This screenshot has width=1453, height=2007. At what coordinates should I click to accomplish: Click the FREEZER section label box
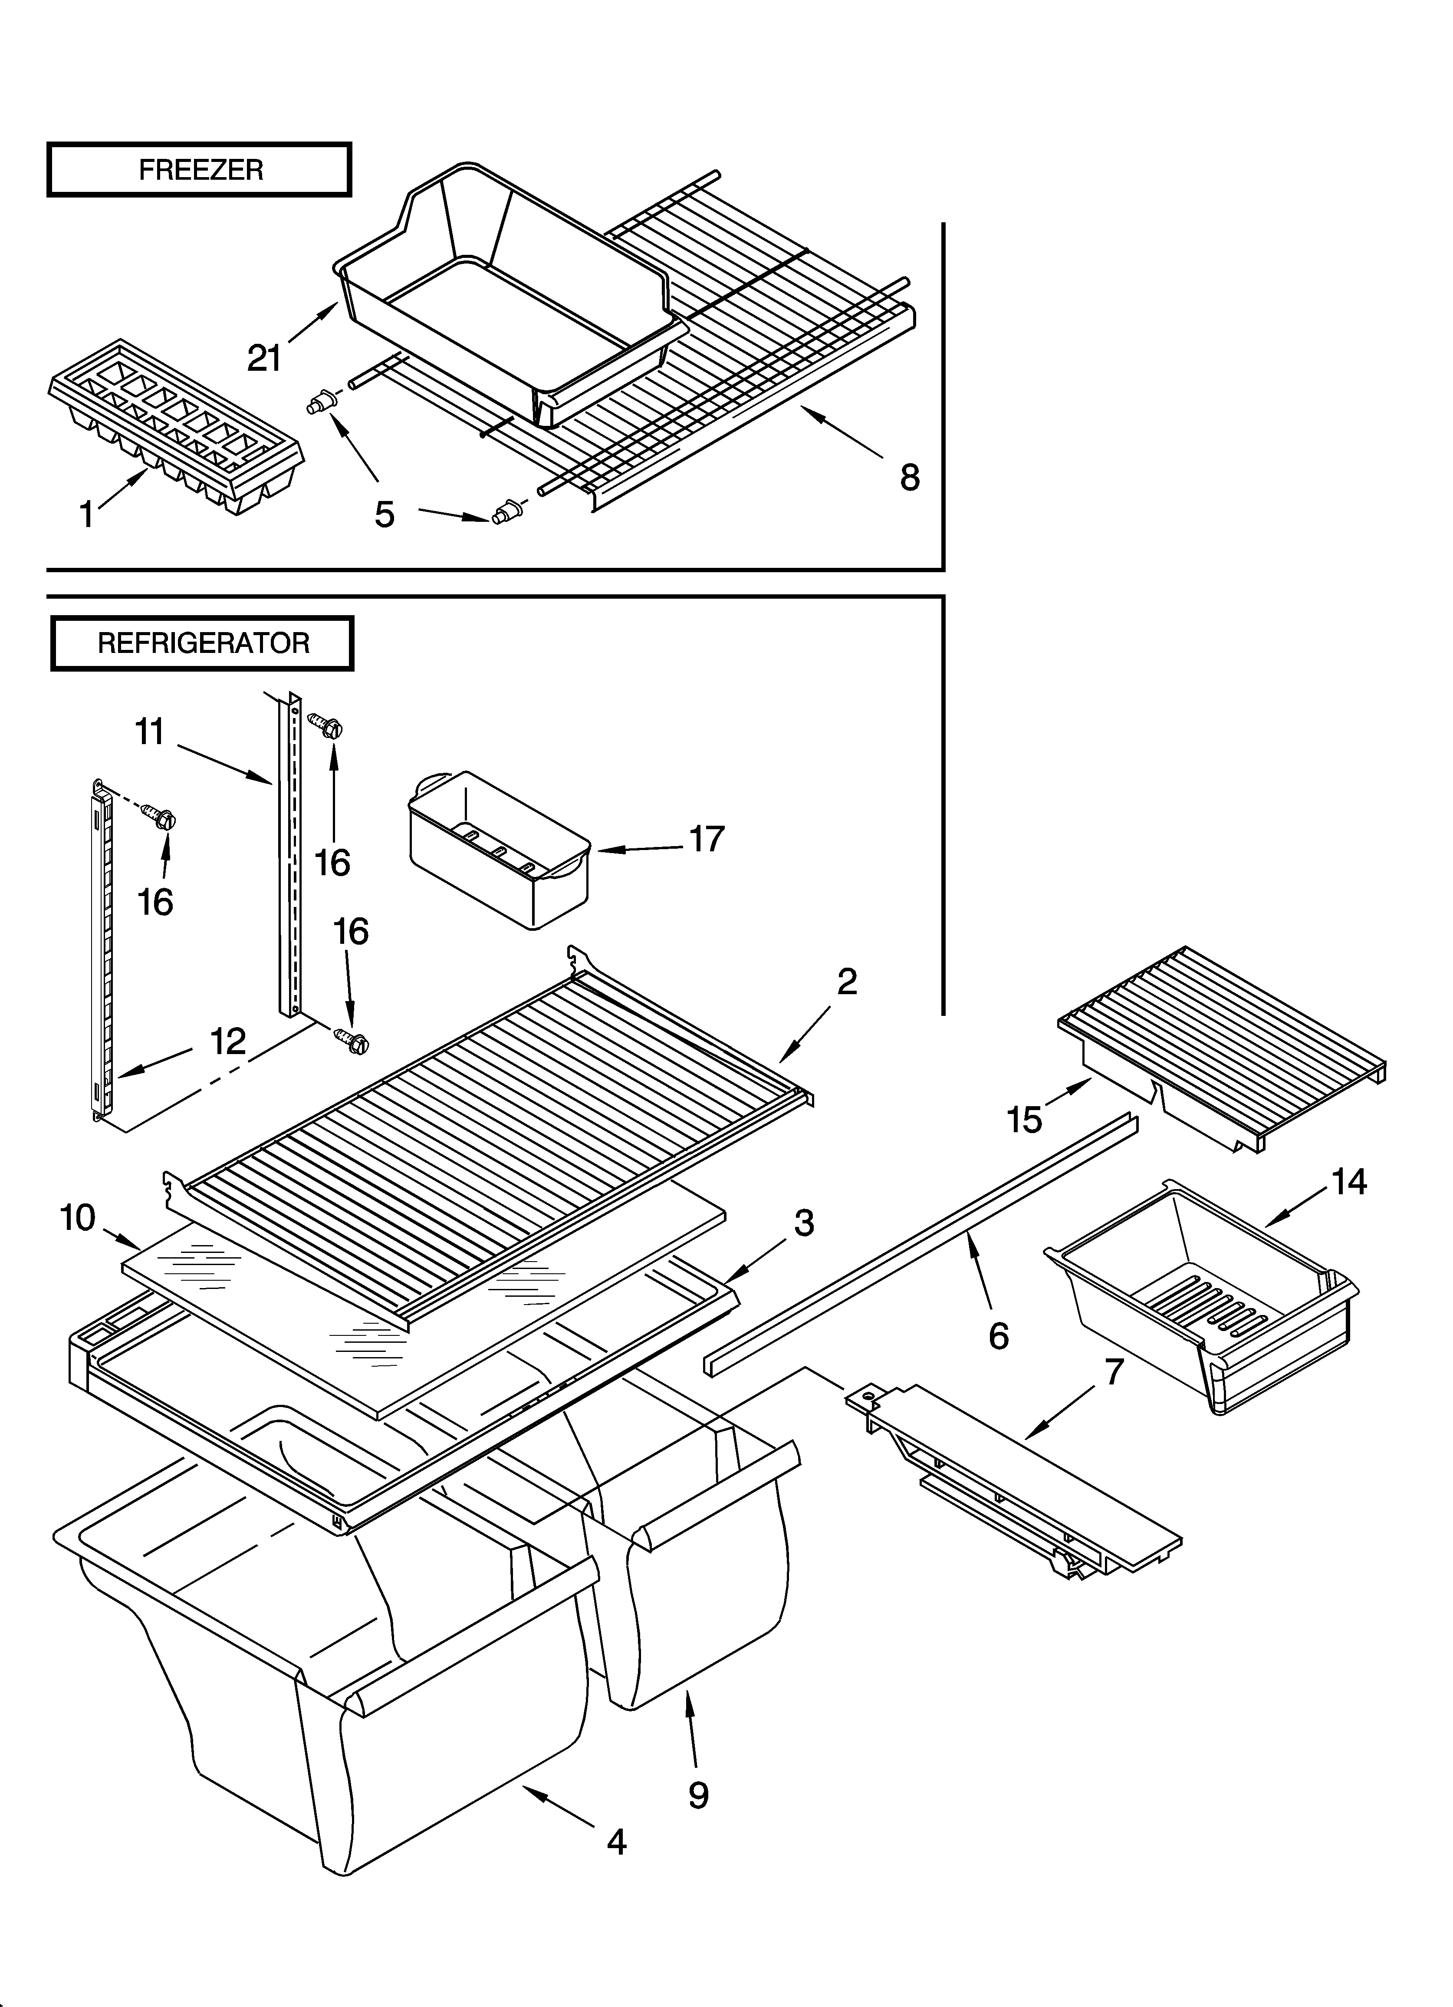tap(199, 169)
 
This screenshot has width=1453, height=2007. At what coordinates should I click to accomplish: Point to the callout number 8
tap(910, 478)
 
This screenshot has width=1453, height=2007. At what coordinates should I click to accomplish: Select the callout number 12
tap(227, 1041)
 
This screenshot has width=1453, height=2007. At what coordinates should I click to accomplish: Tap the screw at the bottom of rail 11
tap(351, 1042)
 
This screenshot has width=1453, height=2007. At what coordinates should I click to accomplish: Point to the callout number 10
tap(78, 1218)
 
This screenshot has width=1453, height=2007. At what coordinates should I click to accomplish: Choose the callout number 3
tap(803, 1223)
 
